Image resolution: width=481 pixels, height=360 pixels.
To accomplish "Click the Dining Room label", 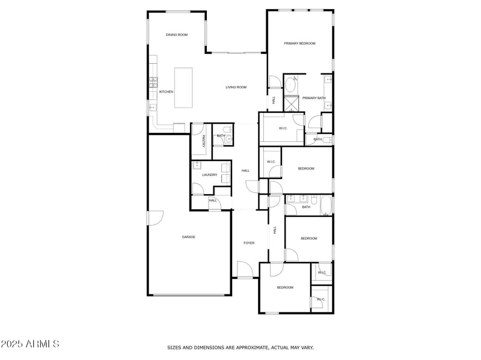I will click(x=177, y=35).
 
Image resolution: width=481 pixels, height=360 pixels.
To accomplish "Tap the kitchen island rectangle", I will click(x=184, y=88).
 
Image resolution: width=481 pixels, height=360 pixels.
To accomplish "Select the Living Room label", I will click(x=236, y=88).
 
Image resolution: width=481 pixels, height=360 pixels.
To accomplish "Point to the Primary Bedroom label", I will click(x=300, y=43).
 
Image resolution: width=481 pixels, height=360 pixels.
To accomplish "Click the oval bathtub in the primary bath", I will click(x=290, y=84).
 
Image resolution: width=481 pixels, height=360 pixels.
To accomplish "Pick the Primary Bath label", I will click(x=314, y=98).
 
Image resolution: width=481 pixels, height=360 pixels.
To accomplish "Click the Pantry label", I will click(x=204, y=141).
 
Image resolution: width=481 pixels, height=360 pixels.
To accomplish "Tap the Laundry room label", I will click(x=209, y=175).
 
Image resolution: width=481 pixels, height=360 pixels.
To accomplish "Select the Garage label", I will click(x=189, y=237).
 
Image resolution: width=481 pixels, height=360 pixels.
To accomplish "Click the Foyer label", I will click(x=249, y=243).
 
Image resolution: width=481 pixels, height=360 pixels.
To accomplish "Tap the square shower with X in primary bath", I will click(x=292, y=104).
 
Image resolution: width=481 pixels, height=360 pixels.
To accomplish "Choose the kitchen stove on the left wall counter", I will click(x=153, y=82).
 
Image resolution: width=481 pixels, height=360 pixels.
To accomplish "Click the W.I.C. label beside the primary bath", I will click(x=284, y=129).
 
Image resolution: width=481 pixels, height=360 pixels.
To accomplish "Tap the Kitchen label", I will click(x=167, y=92).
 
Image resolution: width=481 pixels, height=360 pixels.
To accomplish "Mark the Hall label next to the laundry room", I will click(x=245, y=171).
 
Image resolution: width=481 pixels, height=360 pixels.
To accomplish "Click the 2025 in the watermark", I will click(x=12, y=344).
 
